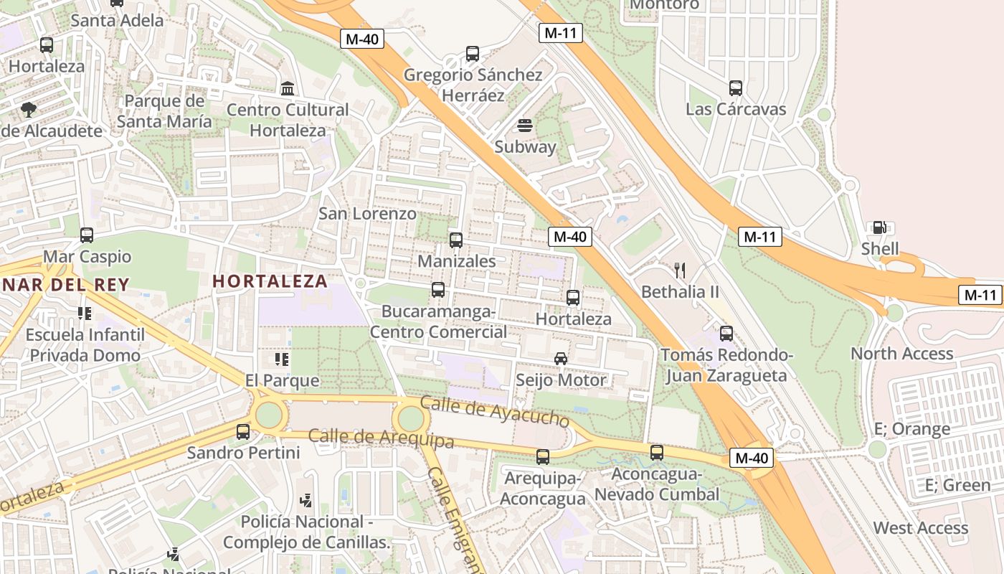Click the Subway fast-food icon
coord(525,126)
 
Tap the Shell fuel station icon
coord(879,227)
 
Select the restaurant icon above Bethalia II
coord(680,270)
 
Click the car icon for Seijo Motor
coord(561,358)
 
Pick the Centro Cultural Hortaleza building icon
coord(288,88)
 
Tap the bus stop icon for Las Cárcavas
coord(736,88)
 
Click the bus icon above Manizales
coord(456,240)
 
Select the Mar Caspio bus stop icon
coord(87,235)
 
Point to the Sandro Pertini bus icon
coord(243,432)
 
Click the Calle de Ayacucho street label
coord(494,410)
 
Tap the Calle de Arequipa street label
coord(381,437)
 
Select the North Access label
coord(901,354)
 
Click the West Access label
coord(920,528)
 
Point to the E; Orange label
coord(911,429)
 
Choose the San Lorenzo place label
coord(367,213)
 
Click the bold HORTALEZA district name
coord(270,281)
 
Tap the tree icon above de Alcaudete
coord(29,110)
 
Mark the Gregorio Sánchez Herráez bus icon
coord(472,54)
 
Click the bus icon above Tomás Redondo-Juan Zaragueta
coord(726,334)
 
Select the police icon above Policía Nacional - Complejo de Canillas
coord(306,500)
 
